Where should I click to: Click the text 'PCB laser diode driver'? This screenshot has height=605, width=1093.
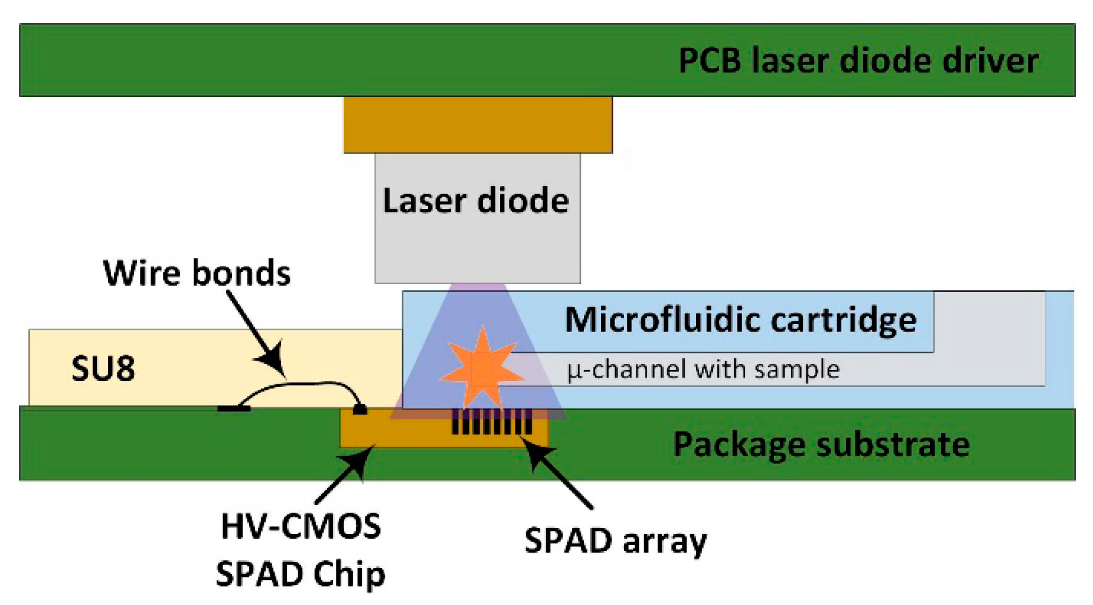click(x=858, y=61)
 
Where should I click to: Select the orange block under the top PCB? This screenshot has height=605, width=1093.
click(x=477, y=125)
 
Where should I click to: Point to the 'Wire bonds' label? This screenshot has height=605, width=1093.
click(x=197, y=273)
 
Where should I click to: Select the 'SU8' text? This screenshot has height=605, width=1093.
click(x=103, y=369)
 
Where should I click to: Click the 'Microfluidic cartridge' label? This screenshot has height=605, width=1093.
click(x=740, y=320)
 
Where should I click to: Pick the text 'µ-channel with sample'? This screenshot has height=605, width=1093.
click(x=703, y=370)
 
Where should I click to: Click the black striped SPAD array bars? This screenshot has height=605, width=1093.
click(x=492, y=421)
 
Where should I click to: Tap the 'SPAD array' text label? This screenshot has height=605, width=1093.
click(x=615, y=541)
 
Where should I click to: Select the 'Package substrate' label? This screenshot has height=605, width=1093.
click(x=821, y=445)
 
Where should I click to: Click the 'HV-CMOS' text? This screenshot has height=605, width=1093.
click(x=301, y=526)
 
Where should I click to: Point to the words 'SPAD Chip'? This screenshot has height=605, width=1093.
click(x=301, y=574)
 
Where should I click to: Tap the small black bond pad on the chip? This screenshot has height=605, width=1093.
click(x=359, y=410)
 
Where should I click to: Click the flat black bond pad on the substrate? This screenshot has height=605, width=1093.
click(x=234, y=408)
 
